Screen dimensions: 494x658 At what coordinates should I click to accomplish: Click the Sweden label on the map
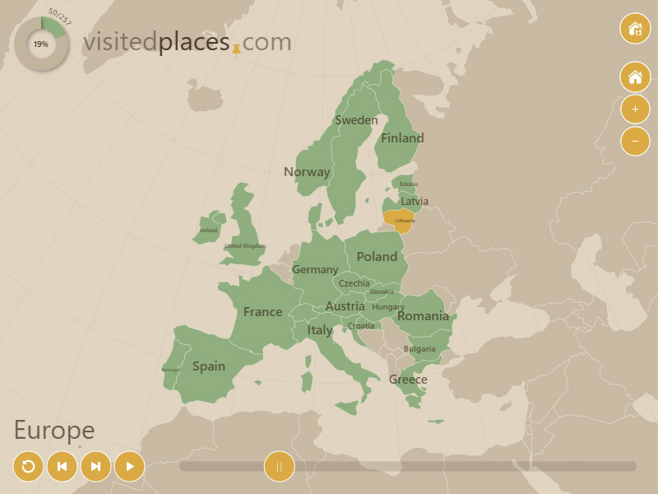tap(356, 120)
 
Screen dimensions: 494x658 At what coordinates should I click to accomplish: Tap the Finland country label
tap(402, 138)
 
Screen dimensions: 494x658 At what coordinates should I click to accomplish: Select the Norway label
tap(307, 172)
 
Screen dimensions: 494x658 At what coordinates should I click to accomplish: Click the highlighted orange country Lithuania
tap(399, 220)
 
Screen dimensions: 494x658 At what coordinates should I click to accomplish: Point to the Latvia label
tap(415, 201)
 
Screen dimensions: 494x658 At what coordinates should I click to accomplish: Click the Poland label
tap(377, 257)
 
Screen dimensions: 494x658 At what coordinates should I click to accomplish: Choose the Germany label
tap(315, 270)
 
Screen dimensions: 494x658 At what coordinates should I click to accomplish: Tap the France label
tap(262, 312)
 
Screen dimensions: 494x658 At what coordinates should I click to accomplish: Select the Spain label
tap(209, 366)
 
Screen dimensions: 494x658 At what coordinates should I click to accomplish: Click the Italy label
tap(320, 330)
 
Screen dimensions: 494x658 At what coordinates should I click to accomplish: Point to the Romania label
tap(423, 316)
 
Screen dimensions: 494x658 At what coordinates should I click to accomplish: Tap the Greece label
tap(408, 380)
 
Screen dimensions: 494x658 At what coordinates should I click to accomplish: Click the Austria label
tap(345, 306)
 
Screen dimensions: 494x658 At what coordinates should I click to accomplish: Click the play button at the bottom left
tap(129, 467)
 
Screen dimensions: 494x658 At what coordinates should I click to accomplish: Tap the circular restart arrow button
tap(28, 467)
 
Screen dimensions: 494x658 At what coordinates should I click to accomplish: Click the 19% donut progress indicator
tap(41, 44)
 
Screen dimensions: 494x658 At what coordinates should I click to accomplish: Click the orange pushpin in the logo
tap(236, 49)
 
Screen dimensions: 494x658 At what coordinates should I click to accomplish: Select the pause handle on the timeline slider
tap(279, 467)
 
